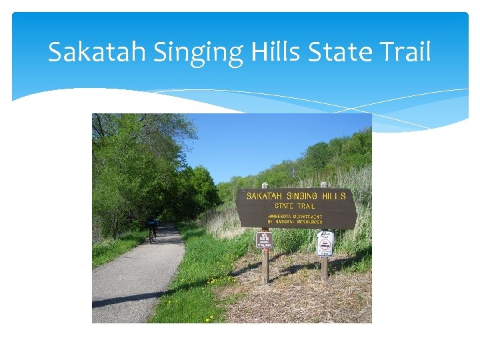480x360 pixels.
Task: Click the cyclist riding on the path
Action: click(x=153, y=225)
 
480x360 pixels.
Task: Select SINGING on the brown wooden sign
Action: click(x=305, y=196)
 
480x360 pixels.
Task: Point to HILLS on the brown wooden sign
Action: click(x=336, y=196)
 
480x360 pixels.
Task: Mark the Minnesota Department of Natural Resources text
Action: click(x=295, y=219)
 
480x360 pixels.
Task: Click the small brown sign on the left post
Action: click(x=264, y=240)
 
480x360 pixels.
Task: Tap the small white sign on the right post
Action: click(x=325, y=243)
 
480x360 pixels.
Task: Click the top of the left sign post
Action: click(x=265, y=185)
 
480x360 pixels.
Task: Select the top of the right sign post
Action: click(x=323, y=185)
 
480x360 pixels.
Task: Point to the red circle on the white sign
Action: click(x=325, y=243)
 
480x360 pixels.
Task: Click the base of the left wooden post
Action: click(x=265, y=281)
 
